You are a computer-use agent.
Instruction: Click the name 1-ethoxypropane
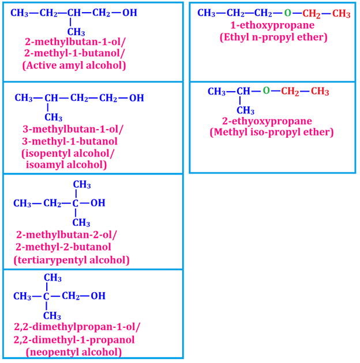coord(272,25)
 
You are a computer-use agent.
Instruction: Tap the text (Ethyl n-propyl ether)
coord(273,37)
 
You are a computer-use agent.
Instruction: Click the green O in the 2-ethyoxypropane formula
coord(266,91)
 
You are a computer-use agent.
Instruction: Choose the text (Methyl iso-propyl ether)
coord(272,133)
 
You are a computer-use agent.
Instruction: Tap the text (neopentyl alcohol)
coord(74,351)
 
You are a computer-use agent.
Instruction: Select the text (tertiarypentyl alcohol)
coord(72,260)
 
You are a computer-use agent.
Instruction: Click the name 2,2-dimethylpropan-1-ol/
coord(77,327)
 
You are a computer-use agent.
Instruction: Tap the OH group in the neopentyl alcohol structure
coord(98,296)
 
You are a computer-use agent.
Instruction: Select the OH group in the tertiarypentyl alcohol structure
coord(98,203)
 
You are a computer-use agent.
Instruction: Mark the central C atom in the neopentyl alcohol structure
coord(47,296)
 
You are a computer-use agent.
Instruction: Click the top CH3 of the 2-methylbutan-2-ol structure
coord(81,185)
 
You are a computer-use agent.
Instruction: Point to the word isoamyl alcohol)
coord(66,165)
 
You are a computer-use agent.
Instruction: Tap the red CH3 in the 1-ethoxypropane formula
coord(341,13)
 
